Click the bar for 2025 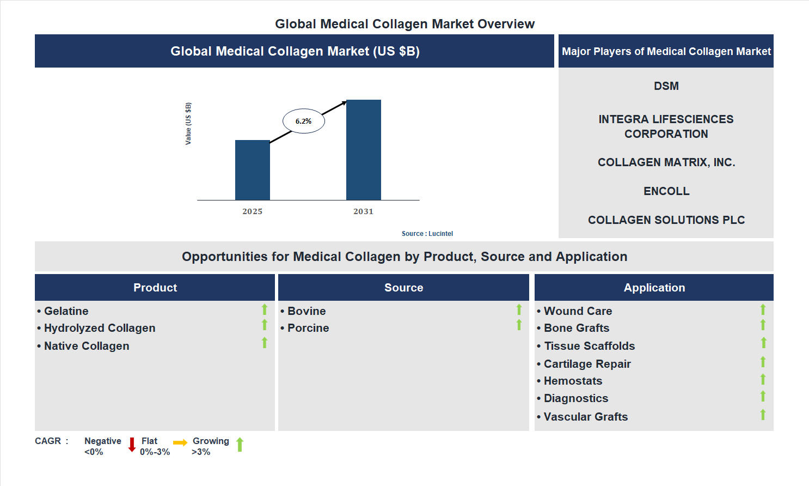(252, 170)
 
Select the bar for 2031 (363, 150)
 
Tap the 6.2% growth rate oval (304, 121)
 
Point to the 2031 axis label (363, 211)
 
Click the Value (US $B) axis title (188, 124)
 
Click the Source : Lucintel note (427, 234)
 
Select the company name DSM (666, 86)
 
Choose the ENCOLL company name (666, 191)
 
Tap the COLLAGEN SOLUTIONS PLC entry (666, 220)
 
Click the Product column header (155, 288)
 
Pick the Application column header (654, 288)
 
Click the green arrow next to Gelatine (265, 309)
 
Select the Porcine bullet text (308, 328)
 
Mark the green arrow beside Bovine (519, 309)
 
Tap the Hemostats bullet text (573, 381)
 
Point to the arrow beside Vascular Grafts (763, 415)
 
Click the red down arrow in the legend (132, 445)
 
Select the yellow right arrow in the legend (180, 442)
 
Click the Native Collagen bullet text (87, 346)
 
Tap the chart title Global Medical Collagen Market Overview (404, 24)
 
